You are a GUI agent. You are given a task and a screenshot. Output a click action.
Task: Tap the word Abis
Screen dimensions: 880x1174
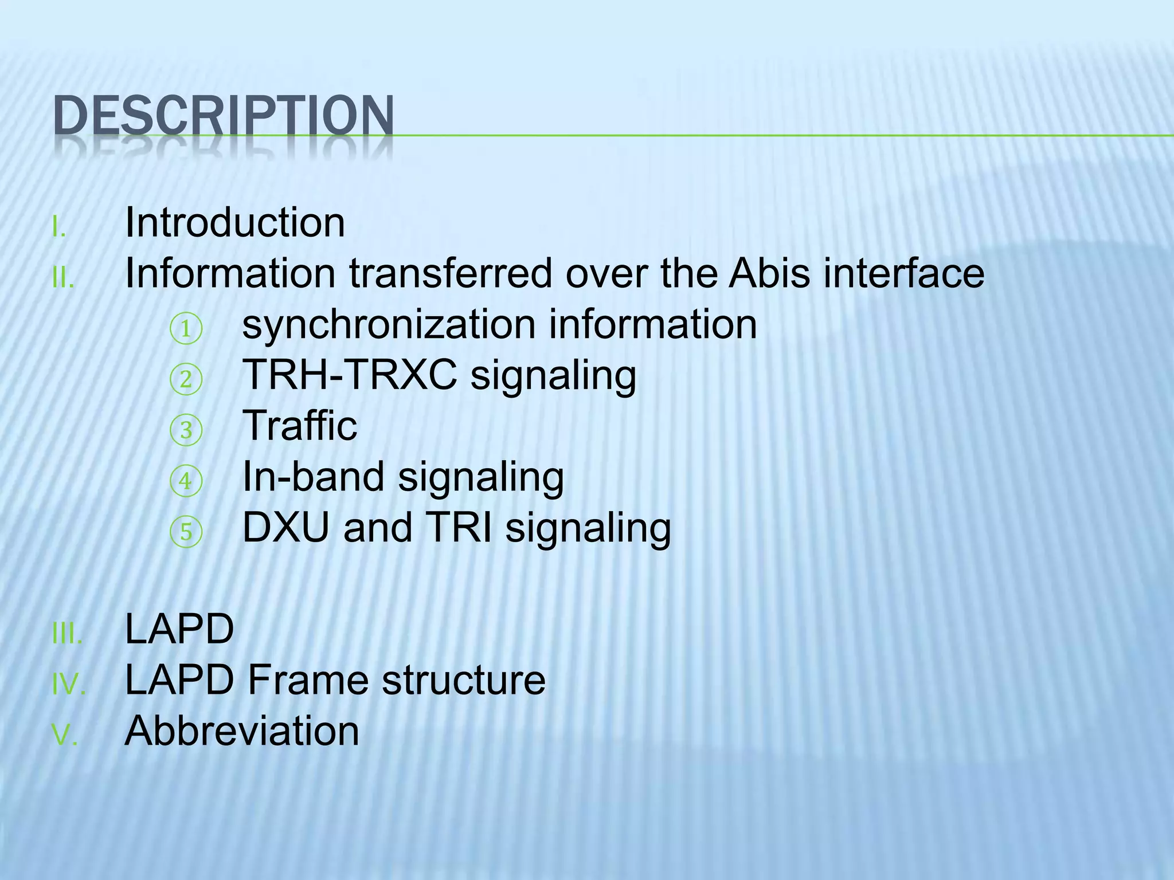click(769, 273)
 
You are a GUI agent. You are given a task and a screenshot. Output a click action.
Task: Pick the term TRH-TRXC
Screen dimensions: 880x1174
click(350, 375)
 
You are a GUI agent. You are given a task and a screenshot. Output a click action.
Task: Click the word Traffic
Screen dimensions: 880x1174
click(300, 426)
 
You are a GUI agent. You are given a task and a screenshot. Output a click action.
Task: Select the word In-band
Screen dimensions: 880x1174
click(313, 477)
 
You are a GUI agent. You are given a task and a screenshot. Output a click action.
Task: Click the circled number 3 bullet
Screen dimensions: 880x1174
click(186, 430)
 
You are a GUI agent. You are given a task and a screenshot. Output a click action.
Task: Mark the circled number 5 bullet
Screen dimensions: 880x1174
click(186, 532)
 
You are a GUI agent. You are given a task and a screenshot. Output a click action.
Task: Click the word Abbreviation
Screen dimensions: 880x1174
click(242, 731)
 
